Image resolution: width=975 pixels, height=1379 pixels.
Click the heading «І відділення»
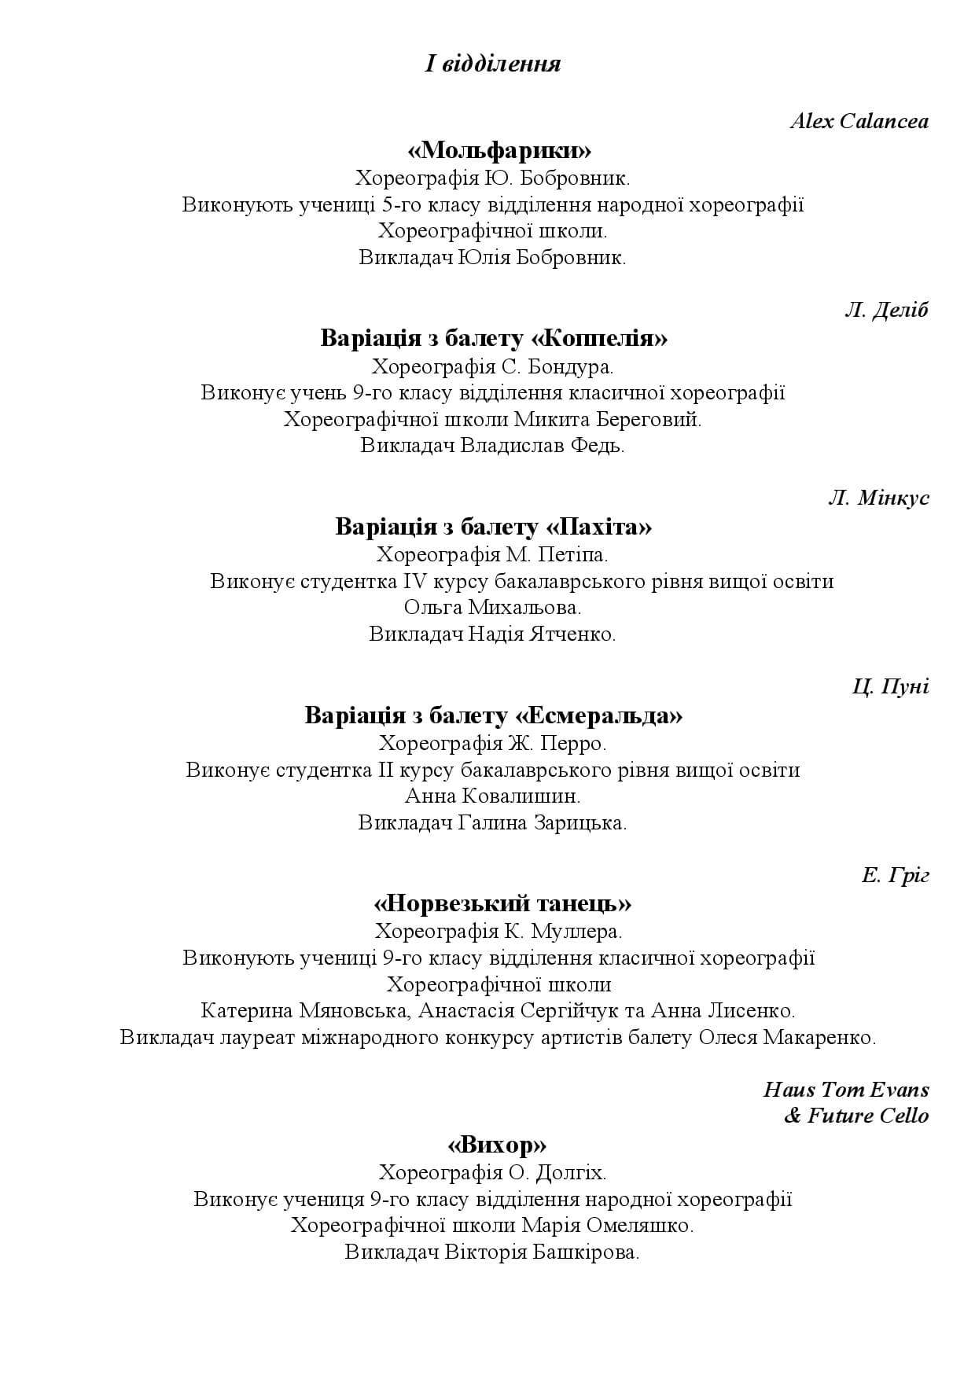493,64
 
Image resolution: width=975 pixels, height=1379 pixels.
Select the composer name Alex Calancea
859,121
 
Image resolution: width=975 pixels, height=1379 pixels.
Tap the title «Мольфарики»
499,149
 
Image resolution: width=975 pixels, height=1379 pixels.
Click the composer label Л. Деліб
886,310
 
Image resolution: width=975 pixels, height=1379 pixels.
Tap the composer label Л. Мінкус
878,498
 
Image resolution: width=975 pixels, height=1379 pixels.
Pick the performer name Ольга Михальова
493,607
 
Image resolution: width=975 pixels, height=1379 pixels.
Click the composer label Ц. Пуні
890,686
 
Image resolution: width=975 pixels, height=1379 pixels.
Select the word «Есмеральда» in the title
598,715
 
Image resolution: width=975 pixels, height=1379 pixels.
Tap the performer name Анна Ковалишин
493,796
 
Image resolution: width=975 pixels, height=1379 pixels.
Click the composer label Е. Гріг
895,875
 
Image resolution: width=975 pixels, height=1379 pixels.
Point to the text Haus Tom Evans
846,1090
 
